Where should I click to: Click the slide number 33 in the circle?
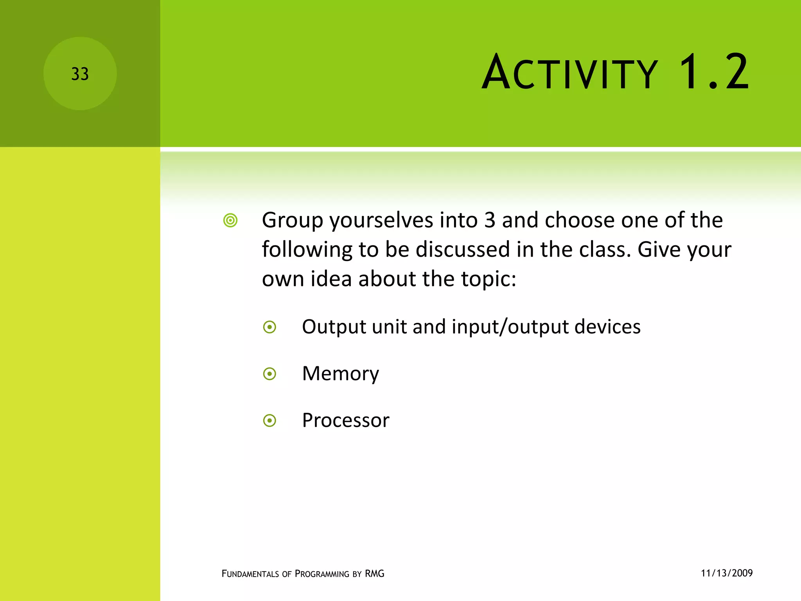click(80, 74)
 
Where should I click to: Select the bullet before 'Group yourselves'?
click(230, 221)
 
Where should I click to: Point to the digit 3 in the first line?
click(490, 220)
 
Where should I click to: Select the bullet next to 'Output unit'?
click(269, 327)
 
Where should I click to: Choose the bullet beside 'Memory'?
click(269, 374)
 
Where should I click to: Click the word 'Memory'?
click(340, 374)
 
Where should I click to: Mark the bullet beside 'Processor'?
click(269, 421)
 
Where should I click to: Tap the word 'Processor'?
click(345, 421)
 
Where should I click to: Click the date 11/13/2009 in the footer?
click(726, 573)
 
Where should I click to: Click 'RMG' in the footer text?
click(374, 574)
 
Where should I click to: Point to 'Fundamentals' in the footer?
click(250, 574)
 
